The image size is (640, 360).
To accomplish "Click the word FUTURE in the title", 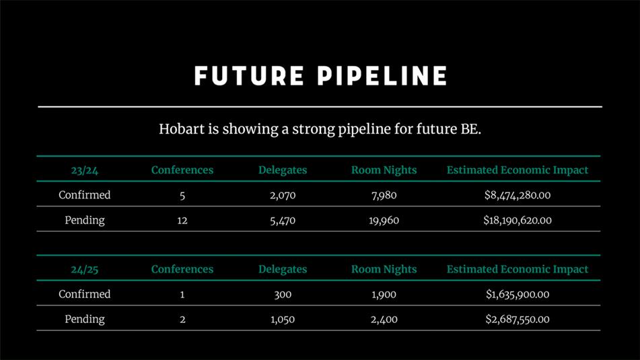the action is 250,76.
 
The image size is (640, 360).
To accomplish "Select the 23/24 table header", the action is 85,170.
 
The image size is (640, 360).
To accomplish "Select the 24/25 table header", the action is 85,269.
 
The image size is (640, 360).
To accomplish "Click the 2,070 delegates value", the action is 283,196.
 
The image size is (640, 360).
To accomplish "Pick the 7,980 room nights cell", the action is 384,196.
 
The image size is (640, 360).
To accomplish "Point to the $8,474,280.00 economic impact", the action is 517,195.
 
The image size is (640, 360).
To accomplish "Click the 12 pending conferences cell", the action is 182,221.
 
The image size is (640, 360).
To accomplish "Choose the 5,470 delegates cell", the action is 283,221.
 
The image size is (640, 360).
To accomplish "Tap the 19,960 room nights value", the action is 384,221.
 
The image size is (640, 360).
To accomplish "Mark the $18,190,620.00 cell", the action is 517,221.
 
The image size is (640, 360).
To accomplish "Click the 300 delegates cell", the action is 283,294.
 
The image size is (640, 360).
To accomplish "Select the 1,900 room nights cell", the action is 384,295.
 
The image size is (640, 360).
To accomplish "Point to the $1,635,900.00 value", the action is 517,294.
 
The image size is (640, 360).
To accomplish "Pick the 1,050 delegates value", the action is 283,320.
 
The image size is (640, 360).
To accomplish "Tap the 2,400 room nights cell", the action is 384,320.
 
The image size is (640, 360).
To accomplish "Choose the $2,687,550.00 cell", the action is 517,319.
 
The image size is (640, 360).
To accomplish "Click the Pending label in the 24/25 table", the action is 85,319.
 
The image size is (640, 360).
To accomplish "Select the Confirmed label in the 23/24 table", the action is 85,194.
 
